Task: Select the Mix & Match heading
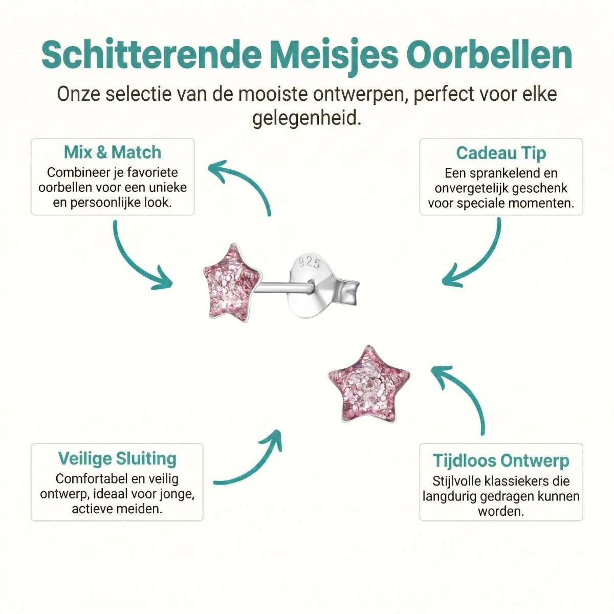click(113, 152)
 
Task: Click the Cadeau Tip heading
click(501, 152)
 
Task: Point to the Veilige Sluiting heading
click(117, 458)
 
